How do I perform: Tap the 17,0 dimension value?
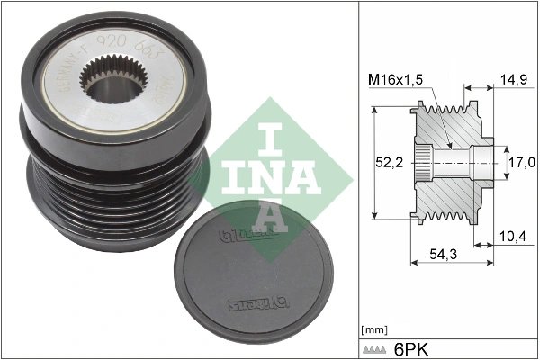click(520, 162)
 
